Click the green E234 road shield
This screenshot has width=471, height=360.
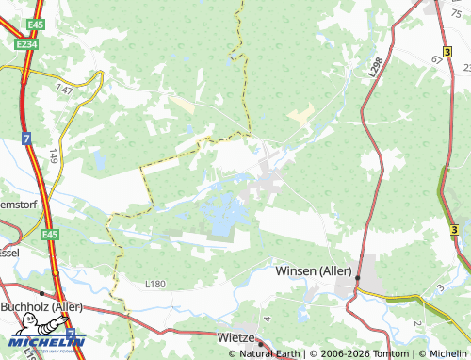point(25,43)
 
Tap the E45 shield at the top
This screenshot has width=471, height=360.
point(36,24)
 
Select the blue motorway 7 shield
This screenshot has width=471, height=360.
point(25,138)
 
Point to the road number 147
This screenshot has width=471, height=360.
point(64,88)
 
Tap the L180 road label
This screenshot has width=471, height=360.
point(154,283)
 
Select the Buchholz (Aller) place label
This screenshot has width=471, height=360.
point(42,306)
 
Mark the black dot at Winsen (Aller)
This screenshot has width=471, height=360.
point(358,276)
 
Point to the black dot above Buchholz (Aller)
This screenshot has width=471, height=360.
point(42,293)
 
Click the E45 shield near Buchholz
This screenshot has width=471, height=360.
point(49,235)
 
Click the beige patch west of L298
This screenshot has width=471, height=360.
point(300,116)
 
